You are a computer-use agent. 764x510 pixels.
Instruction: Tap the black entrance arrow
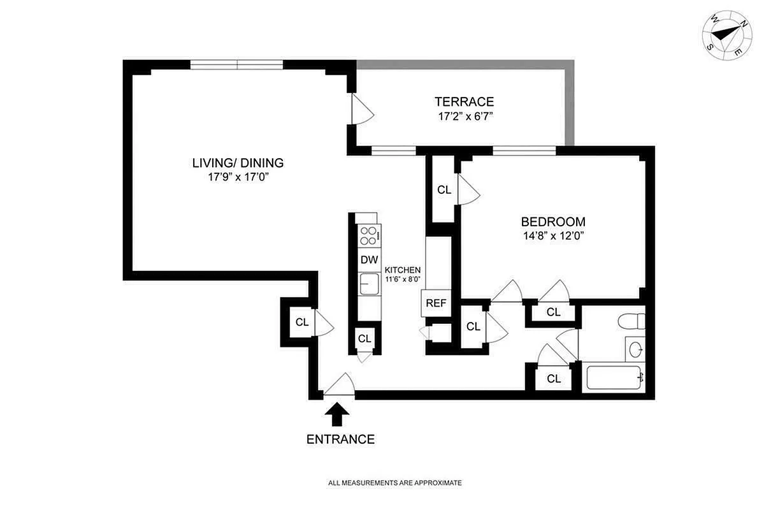pyautogui.click(x=337, y=415)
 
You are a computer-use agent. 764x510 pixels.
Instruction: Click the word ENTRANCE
pyautogui.click(x=340, y=439)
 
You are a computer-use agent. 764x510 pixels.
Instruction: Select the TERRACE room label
pyautogui.click(x=465, y=101)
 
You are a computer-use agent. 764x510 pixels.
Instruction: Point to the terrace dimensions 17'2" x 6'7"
pyautogui.click(x=465, y=116)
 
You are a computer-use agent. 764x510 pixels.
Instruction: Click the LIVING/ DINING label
pyautogui.click(x=238, y=163)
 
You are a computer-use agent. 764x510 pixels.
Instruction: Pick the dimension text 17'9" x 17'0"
pyautogui.click(x=238, y=178)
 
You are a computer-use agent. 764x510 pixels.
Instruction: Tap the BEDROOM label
pyautogui.click(x=552, y=222)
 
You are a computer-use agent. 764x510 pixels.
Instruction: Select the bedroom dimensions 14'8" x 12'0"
pyautogui.click(x=552, y=235)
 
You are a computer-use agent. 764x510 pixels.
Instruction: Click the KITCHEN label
pyautogui.click(x=402, y=270)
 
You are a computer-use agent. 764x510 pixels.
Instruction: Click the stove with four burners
pyautogui.click(x=369, y=236)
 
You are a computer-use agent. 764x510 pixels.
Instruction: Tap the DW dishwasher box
pyautogui.click(x=369, y=259)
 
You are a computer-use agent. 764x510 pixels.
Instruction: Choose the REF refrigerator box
pyautogui.click(x=436, y=303)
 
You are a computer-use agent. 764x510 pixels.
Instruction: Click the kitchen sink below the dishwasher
pyautogui.click(x=369, y=284)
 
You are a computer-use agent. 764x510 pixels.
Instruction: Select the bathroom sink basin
pyautogui.click(x=635, y=349)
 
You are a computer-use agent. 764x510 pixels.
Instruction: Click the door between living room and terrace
pyautogui.click(x=361, y=109)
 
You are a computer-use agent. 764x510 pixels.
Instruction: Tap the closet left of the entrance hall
pyautogui.click(x=301, y=322)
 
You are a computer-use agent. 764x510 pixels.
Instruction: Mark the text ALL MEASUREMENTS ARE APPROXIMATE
pyautogui.click(x=394, y=483)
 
